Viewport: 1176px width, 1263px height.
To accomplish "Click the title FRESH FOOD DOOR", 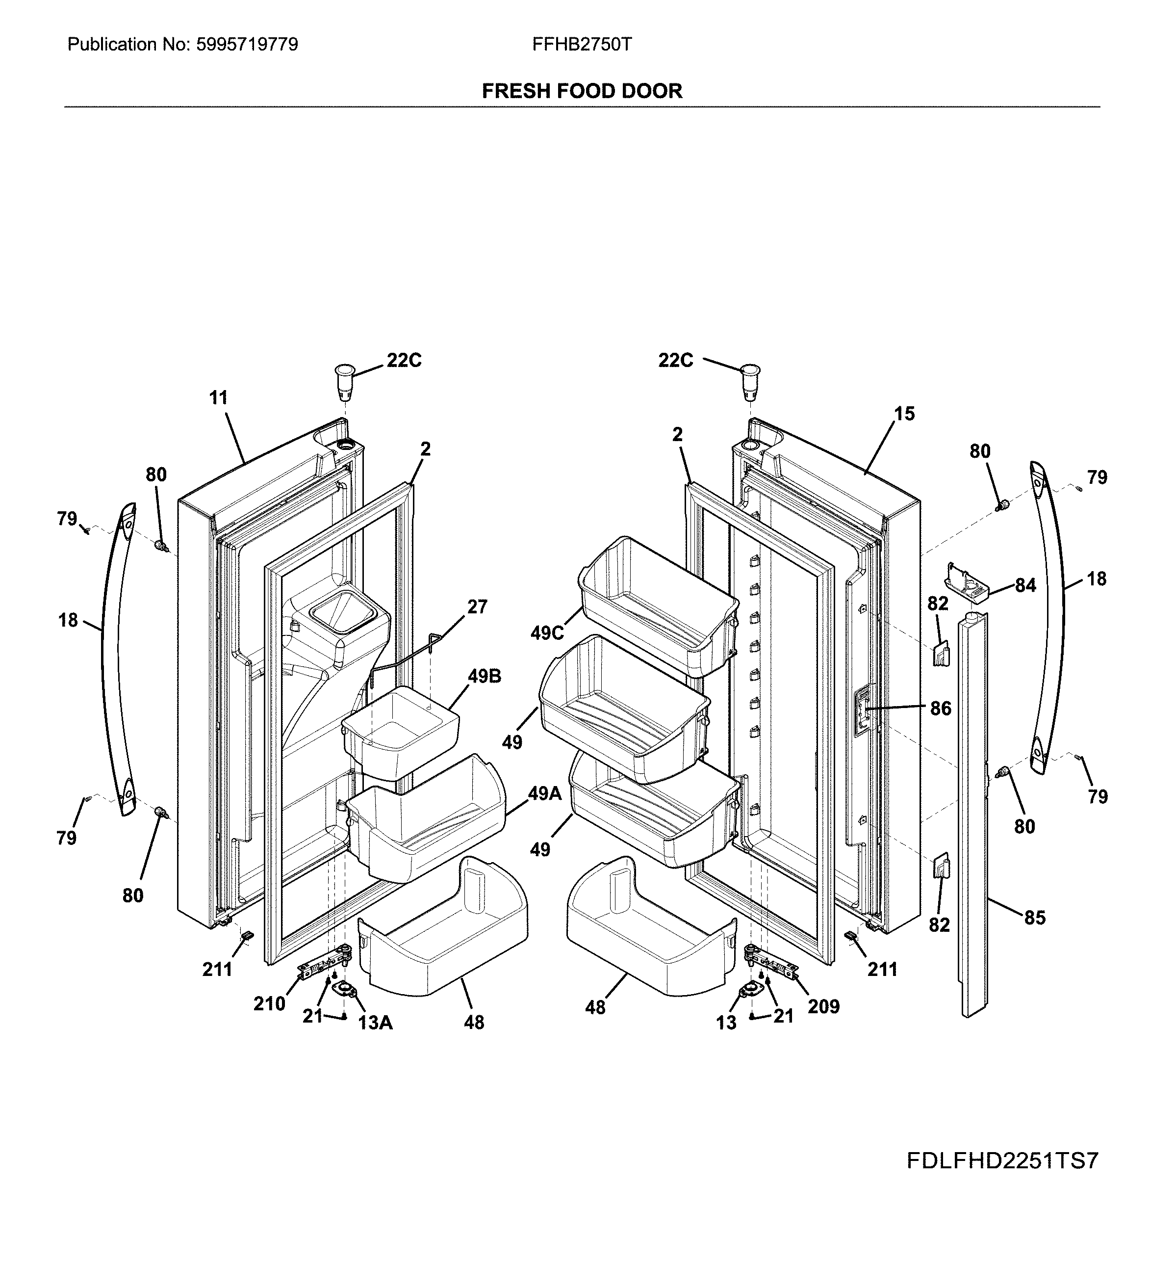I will click(582, 91).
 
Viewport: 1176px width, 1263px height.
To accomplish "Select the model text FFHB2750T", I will click(582, 45).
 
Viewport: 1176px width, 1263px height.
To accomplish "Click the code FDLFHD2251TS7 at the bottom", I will click(1001, 1161).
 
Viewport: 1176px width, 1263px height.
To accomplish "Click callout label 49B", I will click(485, 676).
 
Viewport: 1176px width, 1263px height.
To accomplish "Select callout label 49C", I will click(547, 633).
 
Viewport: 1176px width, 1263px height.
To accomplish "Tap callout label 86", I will click(941, 709).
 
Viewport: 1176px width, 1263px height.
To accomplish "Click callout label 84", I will click(1025, 585).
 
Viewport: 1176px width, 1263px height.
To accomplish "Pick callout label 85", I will click(1034, 918).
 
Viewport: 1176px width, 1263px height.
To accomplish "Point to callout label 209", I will click(823, 1006).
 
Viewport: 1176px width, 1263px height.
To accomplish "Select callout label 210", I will click(269, 1004).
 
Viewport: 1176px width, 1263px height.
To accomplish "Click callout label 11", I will click(218, 398).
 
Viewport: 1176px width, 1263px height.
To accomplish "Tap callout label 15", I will click(904, 414).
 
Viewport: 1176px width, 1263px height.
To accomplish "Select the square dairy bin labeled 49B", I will click(400, 731).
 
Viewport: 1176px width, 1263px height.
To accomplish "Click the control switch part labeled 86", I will click(861, 711).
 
